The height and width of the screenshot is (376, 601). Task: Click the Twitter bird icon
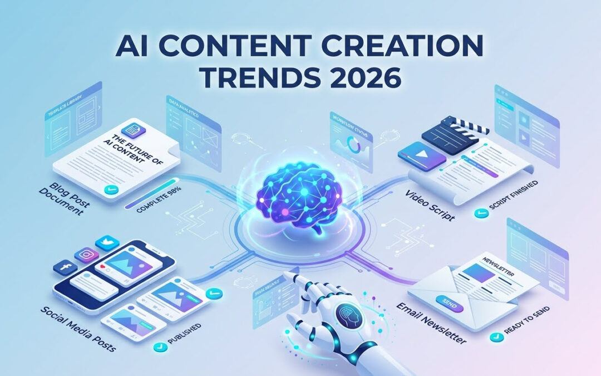pos(107,243)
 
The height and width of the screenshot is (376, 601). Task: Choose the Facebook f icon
pos(65,268)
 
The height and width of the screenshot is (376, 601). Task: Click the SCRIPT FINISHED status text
pos(509,212)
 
